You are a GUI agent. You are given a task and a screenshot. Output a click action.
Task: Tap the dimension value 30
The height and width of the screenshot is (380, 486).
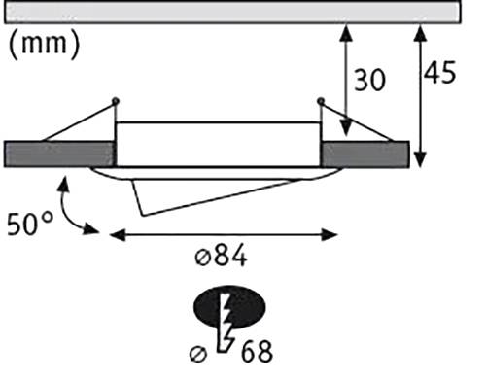coord(371,80)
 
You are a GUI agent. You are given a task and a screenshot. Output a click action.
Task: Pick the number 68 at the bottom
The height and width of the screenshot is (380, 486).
coord(250,349)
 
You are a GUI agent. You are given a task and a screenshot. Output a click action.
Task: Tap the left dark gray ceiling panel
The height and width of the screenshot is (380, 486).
coord(59,155)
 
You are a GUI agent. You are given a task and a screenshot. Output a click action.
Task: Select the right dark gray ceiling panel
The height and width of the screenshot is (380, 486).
coord(364,155)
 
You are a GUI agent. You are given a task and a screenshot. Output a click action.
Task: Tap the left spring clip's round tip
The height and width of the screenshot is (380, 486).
coord(116,100)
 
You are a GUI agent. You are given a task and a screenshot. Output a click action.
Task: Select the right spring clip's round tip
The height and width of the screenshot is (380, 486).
coord(321,100)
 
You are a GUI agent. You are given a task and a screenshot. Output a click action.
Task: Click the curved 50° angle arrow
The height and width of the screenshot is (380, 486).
coord(70,209)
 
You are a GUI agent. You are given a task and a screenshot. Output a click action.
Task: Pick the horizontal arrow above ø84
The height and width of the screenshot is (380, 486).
coord(224,233)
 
